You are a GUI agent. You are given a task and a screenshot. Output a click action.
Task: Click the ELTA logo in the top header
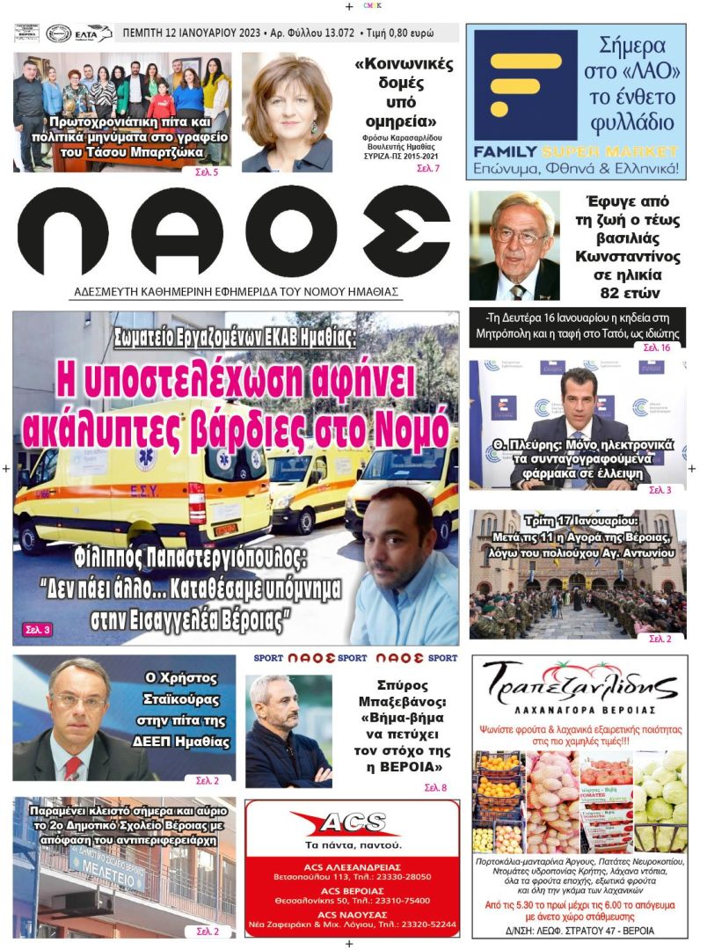click(x=91, y=33)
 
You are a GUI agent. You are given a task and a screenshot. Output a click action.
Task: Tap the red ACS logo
click(x=352, y=823)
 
